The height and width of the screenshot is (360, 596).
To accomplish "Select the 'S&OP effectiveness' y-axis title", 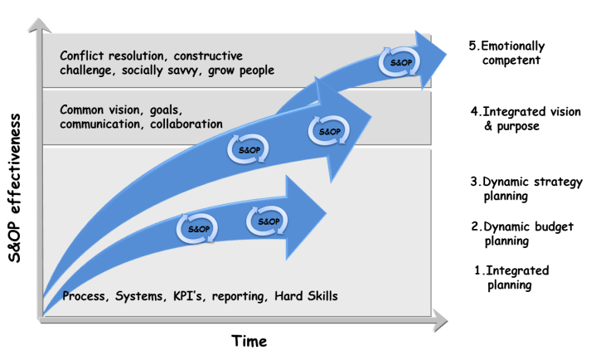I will pyautogui.click(x=14, y=187).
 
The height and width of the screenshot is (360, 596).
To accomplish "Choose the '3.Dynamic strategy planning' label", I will pyautogui.click(x=526, y=189).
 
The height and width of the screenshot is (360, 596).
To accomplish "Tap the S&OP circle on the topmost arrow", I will pyautogui.click(x=394, y=61).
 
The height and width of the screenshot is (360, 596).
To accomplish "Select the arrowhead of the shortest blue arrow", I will pyautogui.click(x=308, y=200).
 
